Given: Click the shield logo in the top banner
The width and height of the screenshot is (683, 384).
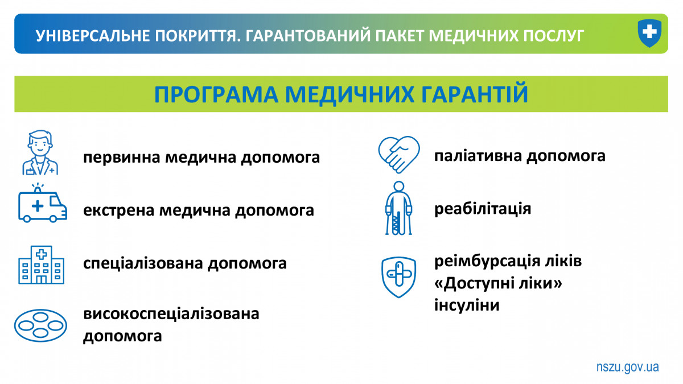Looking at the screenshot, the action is [649, 33].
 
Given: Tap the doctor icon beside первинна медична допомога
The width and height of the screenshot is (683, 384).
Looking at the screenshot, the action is [40, 152].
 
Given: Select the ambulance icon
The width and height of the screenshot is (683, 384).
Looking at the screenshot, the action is [42, 203].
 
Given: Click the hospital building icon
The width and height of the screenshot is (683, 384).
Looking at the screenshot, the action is [42, 265].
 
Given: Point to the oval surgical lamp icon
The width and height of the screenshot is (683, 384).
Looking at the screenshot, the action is [40, 325].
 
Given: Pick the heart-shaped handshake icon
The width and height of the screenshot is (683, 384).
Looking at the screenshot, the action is [399, 155].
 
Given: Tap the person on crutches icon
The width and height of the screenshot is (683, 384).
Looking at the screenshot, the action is [398, 208].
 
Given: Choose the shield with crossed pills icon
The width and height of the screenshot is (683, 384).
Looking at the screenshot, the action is [398, 277].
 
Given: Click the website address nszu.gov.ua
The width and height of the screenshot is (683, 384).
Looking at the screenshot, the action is [627, 367].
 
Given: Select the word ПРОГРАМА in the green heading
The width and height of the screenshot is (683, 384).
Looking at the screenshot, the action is [216, 95].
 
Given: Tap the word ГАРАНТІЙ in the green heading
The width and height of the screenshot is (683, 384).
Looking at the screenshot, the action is [475, 94].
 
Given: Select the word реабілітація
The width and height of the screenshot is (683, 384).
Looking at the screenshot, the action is [483, 209].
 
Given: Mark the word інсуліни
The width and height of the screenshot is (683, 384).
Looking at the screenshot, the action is [467, 305].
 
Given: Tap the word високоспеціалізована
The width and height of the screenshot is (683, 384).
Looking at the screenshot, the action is [171, 314].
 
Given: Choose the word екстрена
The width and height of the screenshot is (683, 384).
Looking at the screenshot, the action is [118, 210].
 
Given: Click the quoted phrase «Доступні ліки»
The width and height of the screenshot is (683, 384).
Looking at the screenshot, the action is [498, 283].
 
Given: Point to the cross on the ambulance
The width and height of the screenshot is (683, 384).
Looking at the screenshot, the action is [38, 206].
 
